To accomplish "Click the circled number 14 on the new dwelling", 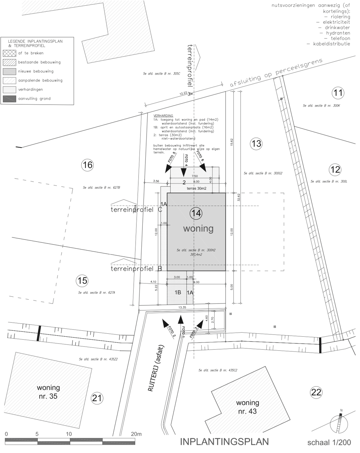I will pos(196,213).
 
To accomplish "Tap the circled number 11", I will pos(338,92).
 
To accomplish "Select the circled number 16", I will pos(87,165).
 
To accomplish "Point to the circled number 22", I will pos(316,392).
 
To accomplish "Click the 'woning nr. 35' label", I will pos(48,391).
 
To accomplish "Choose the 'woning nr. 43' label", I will pos(247,407).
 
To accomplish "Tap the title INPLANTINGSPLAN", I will pos(224,442).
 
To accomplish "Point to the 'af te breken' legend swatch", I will pos(9,53).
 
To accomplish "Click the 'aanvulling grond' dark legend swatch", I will pos(9,99).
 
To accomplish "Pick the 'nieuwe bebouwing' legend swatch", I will pos(9,71).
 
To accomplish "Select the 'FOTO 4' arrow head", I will pos(184,172).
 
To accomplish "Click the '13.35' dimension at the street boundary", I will pos(182,308).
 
